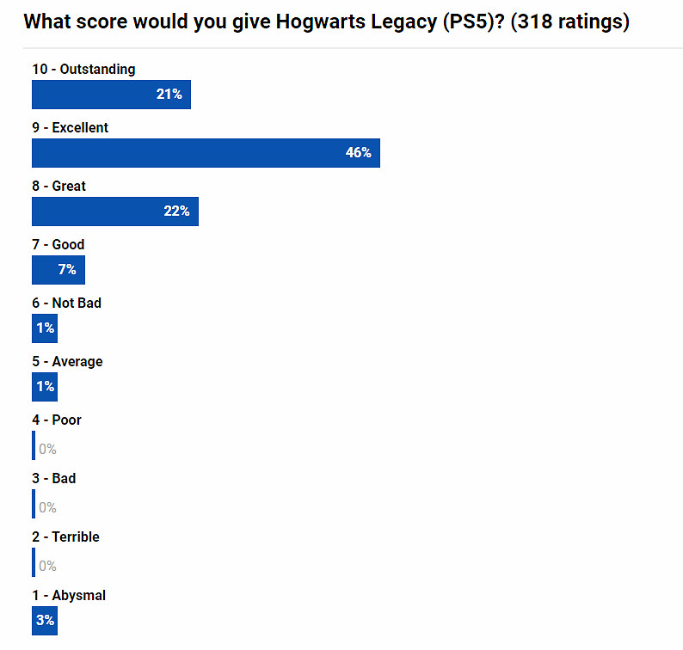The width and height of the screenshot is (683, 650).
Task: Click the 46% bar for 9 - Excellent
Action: point(206,153)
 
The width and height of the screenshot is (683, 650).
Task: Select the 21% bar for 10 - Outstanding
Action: point(111,95)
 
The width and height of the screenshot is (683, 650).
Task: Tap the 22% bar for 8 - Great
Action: point(114,212)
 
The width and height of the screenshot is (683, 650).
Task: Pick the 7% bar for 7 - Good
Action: point(58,270)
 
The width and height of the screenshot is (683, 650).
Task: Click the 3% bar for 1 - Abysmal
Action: point(45,620)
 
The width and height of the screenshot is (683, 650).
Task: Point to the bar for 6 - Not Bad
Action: point(45,328)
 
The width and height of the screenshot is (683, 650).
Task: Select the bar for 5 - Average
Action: point(45,387)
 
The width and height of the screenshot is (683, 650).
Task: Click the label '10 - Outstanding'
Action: point(83,69)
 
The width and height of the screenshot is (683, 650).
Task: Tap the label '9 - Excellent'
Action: point(70,127)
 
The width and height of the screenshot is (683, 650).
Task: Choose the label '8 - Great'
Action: point(58,186)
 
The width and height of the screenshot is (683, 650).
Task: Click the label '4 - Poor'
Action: point(57,420)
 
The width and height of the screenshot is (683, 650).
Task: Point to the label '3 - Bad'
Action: point(53,478)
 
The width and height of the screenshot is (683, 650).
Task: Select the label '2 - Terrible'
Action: point(65,537)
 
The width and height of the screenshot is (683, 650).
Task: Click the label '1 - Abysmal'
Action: point(69,595)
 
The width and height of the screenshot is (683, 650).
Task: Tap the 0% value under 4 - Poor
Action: point(47,449)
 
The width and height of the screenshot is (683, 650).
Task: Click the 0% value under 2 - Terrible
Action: point(47,566)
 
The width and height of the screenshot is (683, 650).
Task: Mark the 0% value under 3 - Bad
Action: point(47,507)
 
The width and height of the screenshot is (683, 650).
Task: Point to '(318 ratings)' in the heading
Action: point(569,21)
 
